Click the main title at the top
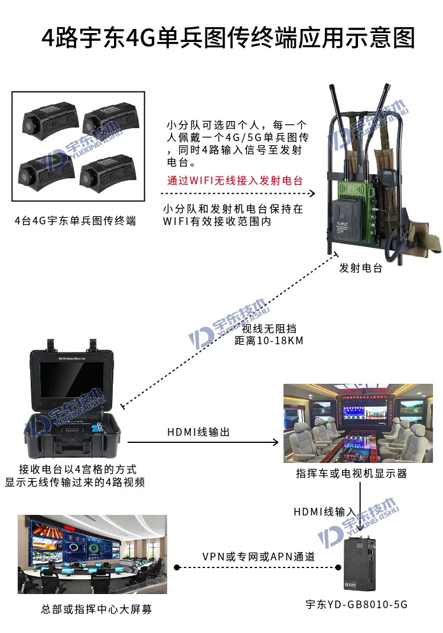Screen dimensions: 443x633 point(228,38)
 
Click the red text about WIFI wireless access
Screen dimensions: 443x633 point(234,181)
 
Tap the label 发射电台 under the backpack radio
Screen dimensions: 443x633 point(361,268)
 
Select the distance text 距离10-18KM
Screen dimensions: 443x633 point(269,341)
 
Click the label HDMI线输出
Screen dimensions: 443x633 point(198,432)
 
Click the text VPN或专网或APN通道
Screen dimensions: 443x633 point(259,557)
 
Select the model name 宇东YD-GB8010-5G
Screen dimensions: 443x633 point(357,604)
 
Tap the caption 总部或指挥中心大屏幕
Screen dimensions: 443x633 point(96,609)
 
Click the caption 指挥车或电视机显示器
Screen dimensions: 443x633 point(351,474)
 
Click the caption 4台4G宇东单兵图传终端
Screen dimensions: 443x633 point(75,221)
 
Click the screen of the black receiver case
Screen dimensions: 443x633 point(72,380)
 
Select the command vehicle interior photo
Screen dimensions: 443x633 point(358,423)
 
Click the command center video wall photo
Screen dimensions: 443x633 point(92,554)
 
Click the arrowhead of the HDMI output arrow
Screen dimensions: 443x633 point(275,442)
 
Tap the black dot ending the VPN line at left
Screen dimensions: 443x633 point(177,567)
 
